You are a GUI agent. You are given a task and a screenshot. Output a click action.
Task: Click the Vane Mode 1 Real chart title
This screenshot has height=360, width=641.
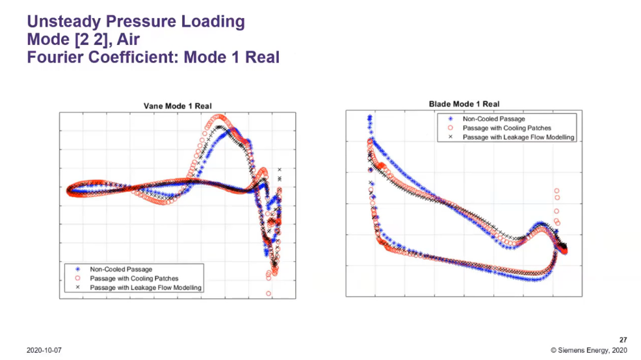[177, 106]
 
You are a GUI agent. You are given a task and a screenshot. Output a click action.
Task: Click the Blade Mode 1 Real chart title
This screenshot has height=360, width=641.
[464, 104]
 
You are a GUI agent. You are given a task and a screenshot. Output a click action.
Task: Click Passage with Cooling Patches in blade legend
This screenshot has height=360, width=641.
[506, 128]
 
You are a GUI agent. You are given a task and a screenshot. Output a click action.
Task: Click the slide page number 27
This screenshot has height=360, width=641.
[623, 339]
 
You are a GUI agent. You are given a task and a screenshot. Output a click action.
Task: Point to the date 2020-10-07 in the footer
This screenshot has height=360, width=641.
[44, 350]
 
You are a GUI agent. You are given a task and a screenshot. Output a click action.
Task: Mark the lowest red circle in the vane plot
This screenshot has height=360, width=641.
[268, 294]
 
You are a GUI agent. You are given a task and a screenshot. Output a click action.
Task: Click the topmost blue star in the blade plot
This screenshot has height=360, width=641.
[370, 117]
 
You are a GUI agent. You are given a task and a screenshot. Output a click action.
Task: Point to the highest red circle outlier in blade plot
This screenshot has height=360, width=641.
[556, 191]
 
